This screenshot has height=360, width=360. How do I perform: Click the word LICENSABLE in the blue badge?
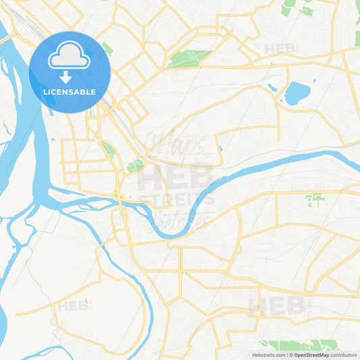pyautogui.click(x=70, y=91)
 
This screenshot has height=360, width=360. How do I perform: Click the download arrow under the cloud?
pyautogui.click(x=66, y=76)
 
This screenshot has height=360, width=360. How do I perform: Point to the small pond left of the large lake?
pyautogui.click(x=272, y=88)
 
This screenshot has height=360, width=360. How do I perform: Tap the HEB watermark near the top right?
pyautogui.click(x=280, y=49)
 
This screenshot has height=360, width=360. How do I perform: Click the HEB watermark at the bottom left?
pyautogui.click(x=74, y=306)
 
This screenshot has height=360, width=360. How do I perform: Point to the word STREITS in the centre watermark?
pyautogui.click(x=177, y=199)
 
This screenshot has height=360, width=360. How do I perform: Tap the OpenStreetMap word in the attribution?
pyautogui.click(x=311, y=355)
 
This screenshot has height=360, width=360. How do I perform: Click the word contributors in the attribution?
pyautogui.click(x=343, y=355)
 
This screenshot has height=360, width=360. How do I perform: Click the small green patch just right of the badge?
pyautogui.click(x=107, y=49)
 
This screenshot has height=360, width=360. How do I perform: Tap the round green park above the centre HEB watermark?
pyautogui.click(x=136, y=165)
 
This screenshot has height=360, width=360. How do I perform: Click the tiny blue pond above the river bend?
pyautogui.click(x=220, y=149)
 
